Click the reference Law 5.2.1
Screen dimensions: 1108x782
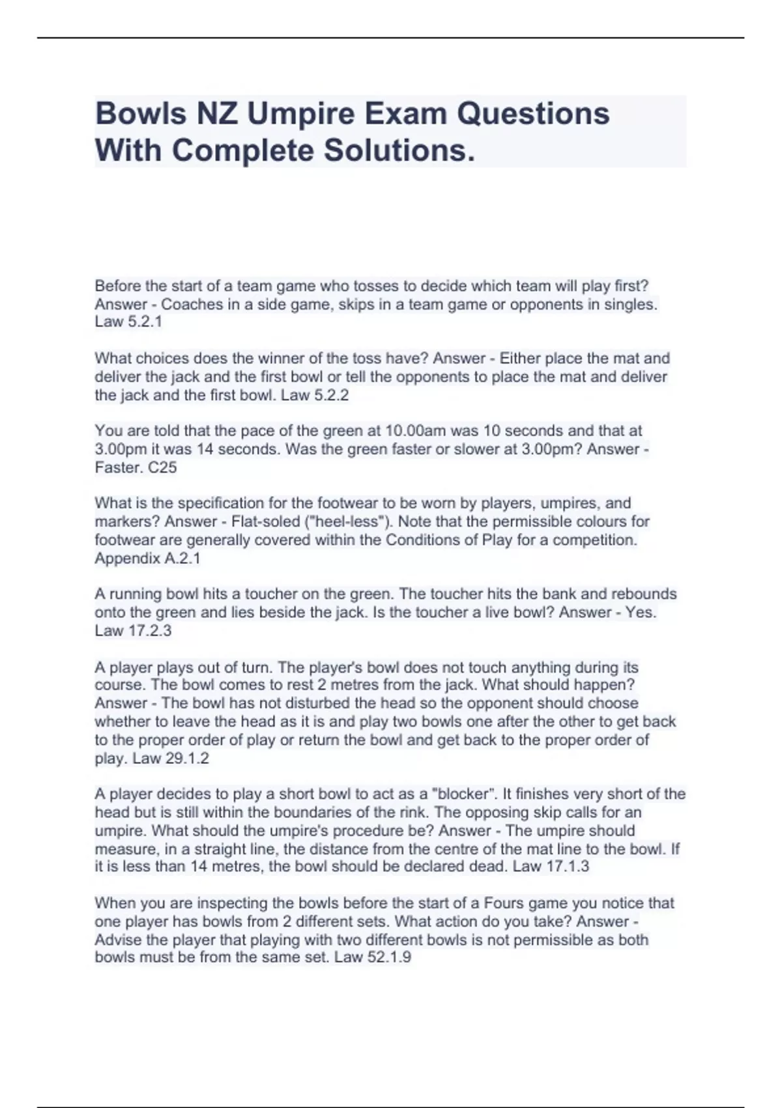pyautogui.click(x=128, y=322)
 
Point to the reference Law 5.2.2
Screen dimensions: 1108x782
pyautogui.click(x=315, y=395)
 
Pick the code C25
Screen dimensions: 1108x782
pyautogui.click(x=163, y=467)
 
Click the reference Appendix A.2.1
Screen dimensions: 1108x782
pyautogui.click(x=147, y=559)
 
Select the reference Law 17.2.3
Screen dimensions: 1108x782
pyautogui.click(x=133, y=630)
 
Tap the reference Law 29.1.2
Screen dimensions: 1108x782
pyautogui.click(x=171, y=758)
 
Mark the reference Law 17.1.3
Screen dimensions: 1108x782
pyautogui.click(x=551, y=866)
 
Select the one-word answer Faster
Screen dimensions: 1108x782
pyautogui.click(x=118, y=467)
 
